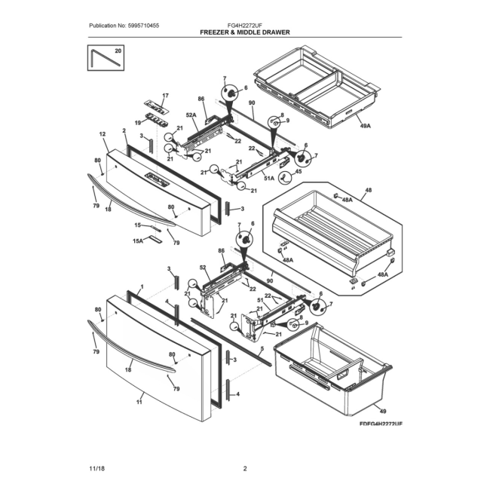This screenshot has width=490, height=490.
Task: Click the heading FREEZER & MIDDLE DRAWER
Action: pos(245,32)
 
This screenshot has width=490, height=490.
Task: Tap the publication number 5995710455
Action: pos(143,26)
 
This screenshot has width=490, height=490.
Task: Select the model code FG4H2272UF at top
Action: pos(245,26)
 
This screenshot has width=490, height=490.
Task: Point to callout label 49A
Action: pos(365,126)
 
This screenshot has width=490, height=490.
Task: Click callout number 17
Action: pos(165,95)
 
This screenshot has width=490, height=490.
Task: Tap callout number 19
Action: pos(138,123)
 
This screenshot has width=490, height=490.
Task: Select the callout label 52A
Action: pos(191,115)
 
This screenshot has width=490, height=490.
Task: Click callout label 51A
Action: pos(269,178)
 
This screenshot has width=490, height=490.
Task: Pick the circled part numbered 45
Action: pos(285,177)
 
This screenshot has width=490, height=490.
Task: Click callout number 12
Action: pos(103,134)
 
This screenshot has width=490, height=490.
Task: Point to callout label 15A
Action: pos(137,240)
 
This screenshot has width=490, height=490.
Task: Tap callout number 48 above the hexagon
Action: pos(369,190)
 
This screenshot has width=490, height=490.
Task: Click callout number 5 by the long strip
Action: pos(262,348)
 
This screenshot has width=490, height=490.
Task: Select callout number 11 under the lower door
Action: pos(139,402)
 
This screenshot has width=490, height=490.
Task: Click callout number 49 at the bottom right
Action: pos(383,411)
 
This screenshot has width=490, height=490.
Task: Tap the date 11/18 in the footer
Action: pos(97,468)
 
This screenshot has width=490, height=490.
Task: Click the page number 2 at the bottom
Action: pos(245,468)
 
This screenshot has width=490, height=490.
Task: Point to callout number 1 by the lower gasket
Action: pos(142,286)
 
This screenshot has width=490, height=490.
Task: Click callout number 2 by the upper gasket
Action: pos(124,130)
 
